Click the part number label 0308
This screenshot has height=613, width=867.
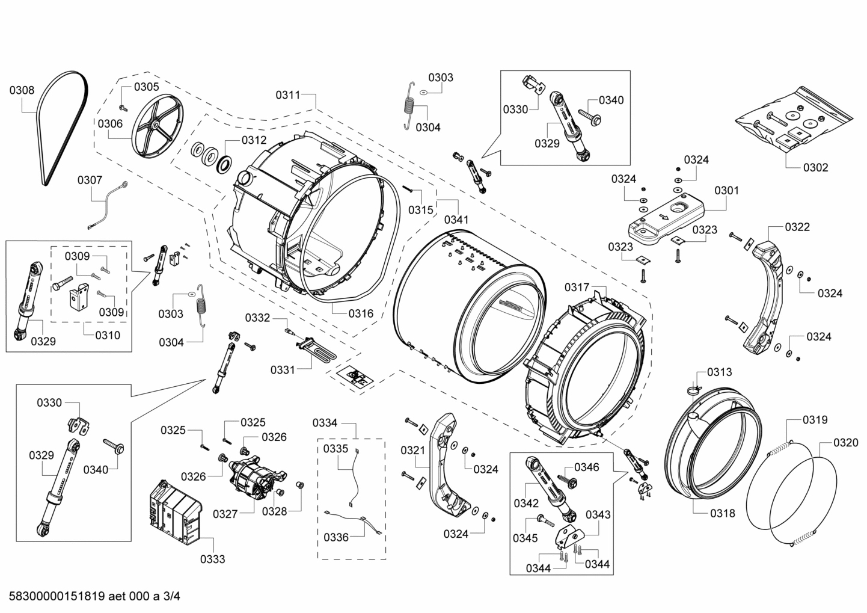click(22, 90)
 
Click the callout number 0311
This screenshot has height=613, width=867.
click(288, 94)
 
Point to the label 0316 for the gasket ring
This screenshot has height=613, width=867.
click(361, 313)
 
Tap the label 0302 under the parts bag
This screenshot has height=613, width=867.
click(816, 167)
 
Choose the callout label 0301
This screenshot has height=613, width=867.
click(727, 191)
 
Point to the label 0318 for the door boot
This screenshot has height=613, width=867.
click(722, 513)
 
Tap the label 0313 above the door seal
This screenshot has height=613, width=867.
click(719, 372)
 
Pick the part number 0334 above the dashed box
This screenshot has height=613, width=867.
click(325, 423)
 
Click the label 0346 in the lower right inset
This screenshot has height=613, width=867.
click(586, 467)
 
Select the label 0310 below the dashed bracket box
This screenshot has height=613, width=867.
click(107, 335)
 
